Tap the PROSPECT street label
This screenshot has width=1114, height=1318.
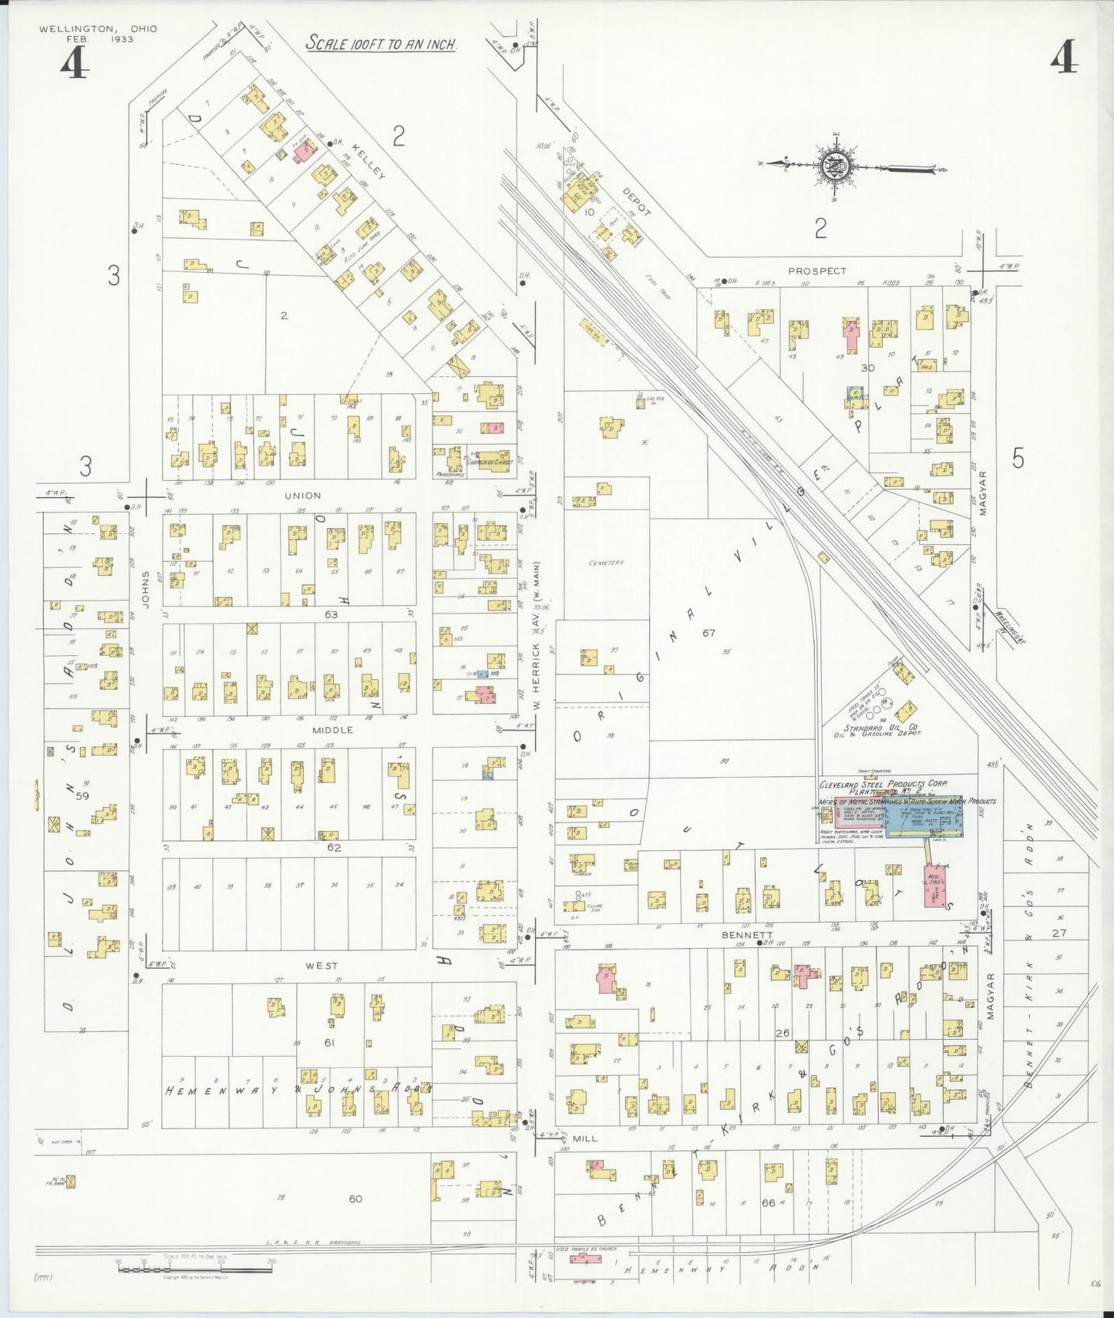(x=817, y=271)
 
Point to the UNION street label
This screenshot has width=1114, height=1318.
(x=302, y=496)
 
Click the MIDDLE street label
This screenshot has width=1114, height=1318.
(x=333, y=730)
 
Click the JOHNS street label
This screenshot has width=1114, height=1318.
(x=145, y=589)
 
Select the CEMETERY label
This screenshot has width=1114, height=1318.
(x=606, y=563)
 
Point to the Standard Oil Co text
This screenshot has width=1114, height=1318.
(x=879, y=728)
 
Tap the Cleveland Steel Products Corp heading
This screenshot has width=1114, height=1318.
(x=883, y=784)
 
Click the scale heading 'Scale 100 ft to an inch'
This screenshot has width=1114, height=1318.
(x=382, y=43)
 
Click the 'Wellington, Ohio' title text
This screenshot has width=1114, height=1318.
(x=98, y=29)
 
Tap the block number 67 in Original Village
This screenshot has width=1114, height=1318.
(x=708, y=633)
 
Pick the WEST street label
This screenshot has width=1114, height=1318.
(x=321, y=965)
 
